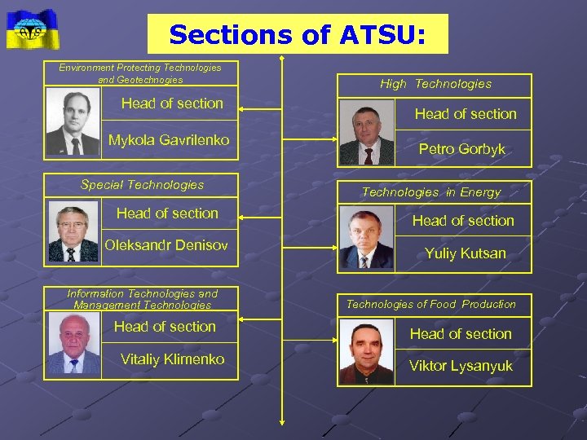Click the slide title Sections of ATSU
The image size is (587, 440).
297,34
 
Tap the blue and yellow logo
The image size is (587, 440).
33,29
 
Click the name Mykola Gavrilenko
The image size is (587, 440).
169,140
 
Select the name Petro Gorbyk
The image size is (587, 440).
461,149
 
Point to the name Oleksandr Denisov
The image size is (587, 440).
166,245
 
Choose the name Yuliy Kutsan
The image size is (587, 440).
465,253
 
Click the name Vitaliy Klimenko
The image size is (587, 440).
172,359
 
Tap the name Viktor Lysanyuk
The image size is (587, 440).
461,366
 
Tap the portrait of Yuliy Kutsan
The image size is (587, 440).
365,238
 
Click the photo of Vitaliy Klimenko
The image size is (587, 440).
73,345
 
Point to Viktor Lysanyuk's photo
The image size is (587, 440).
365,352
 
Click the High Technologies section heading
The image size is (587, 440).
435,84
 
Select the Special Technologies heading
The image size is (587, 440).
142,185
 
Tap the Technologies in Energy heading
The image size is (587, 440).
431,192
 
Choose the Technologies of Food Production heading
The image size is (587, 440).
431,304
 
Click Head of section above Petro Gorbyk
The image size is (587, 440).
466,114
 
